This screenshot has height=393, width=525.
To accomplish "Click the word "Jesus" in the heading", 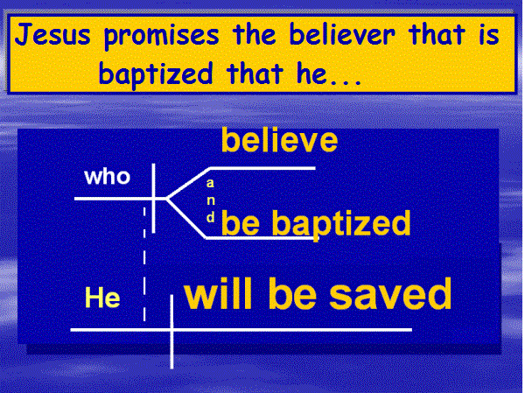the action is click(52, 35).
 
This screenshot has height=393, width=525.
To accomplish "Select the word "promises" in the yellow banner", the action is click(161, 37).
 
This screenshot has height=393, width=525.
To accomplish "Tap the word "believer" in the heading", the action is click(342, 34).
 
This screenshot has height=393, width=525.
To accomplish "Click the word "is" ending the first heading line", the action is click(489, 34).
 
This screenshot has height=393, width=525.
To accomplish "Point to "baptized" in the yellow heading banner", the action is click(156, 74).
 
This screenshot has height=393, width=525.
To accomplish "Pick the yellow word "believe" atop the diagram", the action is click(280, 140).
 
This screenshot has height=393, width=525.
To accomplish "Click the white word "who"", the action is click(107, 176).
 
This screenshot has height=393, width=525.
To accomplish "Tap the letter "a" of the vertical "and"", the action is click(210, 183).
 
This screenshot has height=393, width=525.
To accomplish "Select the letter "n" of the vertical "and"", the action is click(211, 200).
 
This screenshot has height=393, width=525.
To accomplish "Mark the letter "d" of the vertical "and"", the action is click(210, 217).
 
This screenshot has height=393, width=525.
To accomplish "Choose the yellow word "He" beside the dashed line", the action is click(102, 298).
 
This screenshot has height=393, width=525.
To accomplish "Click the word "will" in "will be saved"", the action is click(218, 294).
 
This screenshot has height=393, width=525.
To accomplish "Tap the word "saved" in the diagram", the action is click(390, 294).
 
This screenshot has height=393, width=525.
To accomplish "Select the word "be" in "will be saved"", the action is click(292, 294).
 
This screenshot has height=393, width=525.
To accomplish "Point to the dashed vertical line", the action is click(144, 264).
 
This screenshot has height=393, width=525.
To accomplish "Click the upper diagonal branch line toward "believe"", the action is click(188, 183).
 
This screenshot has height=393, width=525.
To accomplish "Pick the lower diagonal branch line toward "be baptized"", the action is click(186, 219).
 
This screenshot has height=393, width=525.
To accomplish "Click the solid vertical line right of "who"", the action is click(154, 198).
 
